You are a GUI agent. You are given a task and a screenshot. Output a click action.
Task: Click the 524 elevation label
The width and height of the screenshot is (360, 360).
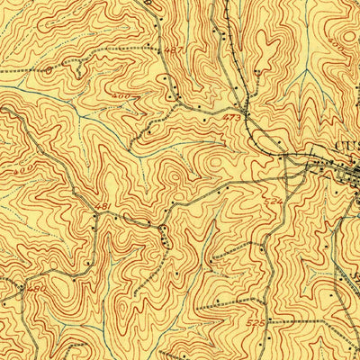click(x=274, y=202)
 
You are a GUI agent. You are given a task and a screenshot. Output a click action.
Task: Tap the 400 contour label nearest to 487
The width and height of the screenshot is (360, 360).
click(x=145, y=94)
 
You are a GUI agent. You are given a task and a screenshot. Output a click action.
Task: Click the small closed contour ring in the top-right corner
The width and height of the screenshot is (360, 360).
click(x=346, y=27)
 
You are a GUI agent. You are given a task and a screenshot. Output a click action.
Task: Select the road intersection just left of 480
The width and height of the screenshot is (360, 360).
click(x=20, y=290)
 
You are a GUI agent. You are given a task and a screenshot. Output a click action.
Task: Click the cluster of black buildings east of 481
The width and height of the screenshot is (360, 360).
click(x=163, y=236)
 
